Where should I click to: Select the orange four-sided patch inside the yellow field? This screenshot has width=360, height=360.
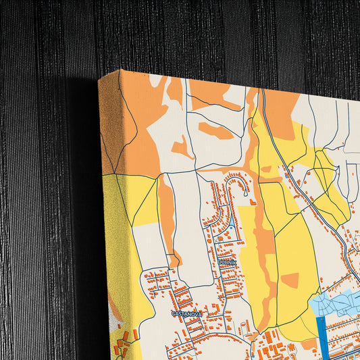[290, 279]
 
